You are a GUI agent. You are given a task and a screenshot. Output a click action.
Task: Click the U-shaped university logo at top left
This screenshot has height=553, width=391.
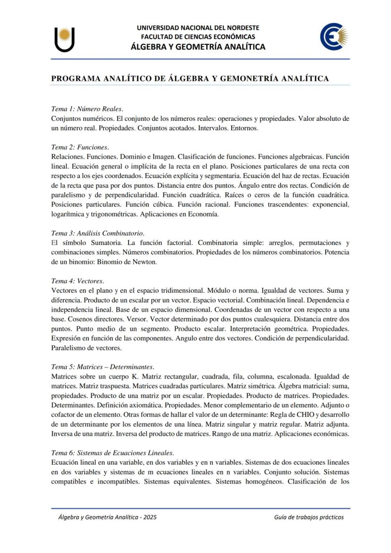[x=64, y=40]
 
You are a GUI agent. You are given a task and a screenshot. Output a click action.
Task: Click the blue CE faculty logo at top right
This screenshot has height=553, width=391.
[x=334, y=36]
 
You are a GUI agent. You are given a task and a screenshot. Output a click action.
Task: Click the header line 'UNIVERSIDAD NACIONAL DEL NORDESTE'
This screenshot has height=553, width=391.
[x=198, y=28]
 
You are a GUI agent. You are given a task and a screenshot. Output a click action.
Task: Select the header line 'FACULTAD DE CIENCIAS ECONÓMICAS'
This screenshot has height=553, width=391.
[x=198, y=37]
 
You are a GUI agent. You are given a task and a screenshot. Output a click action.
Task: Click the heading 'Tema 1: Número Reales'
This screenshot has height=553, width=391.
[x=87, y=109]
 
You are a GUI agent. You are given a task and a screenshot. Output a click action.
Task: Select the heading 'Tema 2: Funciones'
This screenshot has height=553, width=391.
[x=80, y=147]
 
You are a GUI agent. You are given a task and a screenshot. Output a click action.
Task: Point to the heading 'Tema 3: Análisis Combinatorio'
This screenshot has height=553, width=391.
[x=97, y=233]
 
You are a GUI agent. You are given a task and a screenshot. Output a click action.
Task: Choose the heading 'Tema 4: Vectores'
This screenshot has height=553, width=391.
[x=77, y=281]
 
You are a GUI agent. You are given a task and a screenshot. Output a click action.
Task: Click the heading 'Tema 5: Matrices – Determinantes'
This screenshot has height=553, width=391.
[x=102, y=366]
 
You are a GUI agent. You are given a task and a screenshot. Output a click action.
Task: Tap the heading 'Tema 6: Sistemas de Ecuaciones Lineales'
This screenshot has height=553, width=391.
[x=112, y=452]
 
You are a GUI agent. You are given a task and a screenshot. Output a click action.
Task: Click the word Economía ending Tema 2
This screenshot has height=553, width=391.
[x=204, y=214]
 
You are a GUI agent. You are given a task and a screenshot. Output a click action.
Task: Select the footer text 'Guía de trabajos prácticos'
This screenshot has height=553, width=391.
[x=309, y=517]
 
